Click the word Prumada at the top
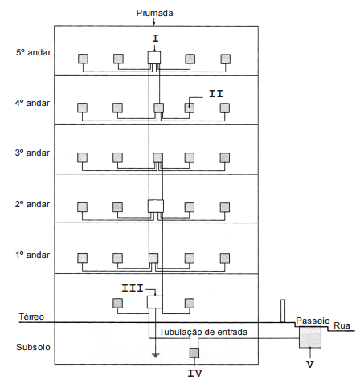point(154,13)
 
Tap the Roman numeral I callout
point(155,39)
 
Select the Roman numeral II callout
point(216,94)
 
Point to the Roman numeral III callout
point(133,288)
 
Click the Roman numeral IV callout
point(195,373)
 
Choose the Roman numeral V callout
point(310,364)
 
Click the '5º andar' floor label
point(34,52)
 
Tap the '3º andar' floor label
point(32,153)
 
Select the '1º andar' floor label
point(32,255)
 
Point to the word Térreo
point(31,317)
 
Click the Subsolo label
point(33,347)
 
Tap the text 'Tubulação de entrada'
point(203,332)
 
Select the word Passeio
point(313,321)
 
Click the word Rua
point(342,325)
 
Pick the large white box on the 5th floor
point(154,58)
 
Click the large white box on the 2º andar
point(156,206)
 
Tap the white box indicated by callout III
point(155,302)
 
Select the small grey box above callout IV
point(194,353)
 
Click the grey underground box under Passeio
point(310,337)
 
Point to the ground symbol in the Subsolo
point(155,356)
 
